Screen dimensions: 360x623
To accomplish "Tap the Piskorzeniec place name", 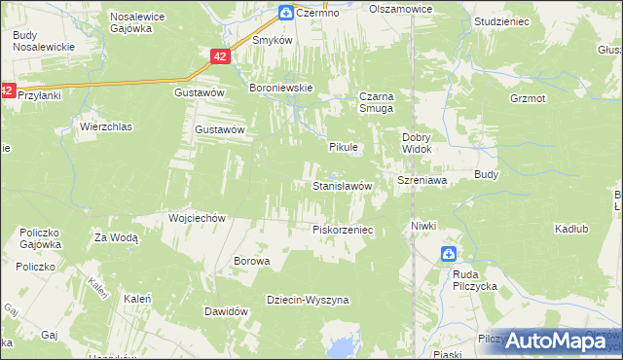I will (343, 230).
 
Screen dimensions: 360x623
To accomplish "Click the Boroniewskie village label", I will (280, 88).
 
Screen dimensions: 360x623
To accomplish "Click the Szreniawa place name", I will (421, 181).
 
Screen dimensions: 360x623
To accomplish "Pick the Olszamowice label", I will (400, 8).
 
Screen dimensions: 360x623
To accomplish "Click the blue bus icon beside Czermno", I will (286, 13).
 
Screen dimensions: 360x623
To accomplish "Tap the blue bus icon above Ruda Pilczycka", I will (448, 255).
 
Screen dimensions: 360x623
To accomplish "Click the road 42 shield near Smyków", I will (220, 58).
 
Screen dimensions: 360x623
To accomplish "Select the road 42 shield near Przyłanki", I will (9, 90).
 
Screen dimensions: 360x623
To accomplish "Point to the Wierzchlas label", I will (106, 126).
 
